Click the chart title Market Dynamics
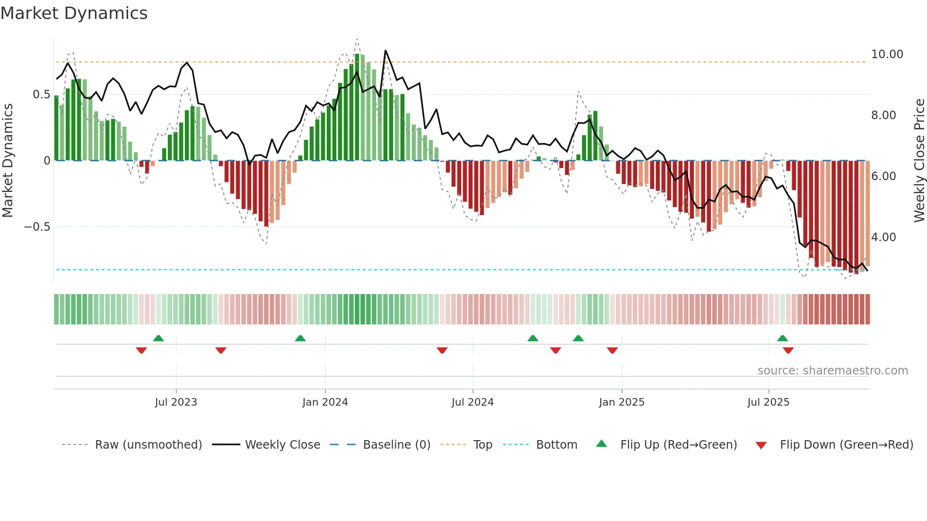click(x=74, y=13)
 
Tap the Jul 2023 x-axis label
click(x=175, y=402)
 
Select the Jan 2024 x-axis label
click(x=325, y=402)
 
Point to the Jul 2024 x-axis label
click(x=472, y=402)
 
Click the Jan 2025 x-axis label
click(x=621, y=402)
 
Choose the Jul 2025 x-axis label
click(x=768, y=402)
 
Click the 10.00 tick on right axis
click(x=887, y=54)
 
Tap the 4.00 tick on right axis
click(x=883, y=237)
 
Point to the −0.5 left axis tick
click(x=37, y=227)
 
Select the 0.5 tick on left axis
click(x=41, y=95)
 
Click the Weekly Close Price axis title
click(x=919, y=161)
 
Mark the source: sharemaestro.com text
click(x=832, y=370)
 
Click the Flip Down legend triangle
click(x=761, y=445)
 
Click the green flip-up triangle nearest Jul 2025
click(x=782, y=338)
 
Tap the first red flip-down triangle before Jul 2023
click(x=141, y=350)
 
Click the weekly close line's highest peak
click(x=385, y=51)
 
